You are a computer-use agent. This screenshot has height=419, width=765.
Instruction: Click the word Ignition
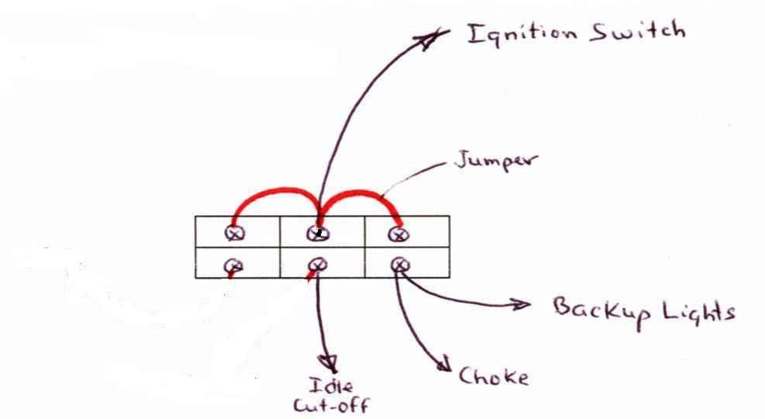point(522,35)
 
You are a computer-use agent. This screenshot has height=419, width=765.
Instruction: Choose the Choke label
point(493,376)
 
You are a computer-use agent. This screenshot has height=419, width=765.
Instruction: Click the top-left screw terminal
point(235,233)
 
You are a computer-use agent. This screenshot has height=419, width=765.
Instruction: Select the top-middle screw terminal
point(318,234)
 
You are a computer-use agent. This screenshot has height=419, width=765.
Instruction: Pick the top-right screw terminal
point(398,234)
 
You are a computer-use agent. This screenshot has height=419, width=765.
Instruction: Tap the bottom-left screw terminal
point(233,266)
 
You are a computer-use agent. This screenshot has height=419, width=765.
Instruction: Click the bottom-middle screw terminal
point(318,265)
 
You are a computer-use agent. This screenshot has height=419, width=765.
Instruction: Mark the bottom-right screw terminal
point(401,265)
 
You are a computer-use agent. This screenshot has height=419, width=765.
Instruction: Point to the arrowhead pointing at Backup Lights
point(521,305)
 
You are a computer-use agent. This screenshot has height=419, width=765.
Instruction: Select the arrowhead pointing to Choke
point(443,365)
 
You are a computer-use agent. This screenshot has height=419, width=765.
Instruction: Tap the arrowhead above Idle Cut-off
point(328,364)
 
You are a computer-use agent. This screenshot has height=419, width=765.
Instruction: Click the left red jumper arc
point(276,189)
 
